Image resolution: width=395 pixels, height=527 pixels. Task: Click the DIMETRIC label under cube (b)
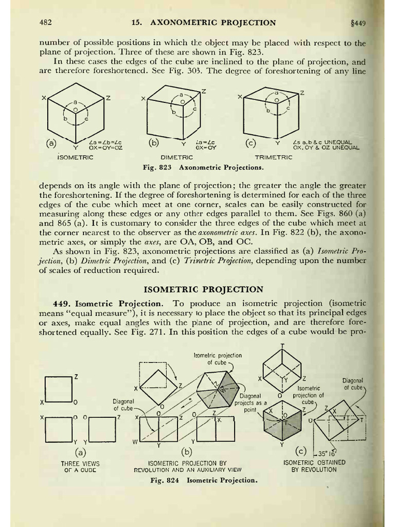click(176, 157)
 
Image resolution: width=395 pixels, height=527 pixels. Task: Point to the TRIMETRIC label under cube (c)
click(274, 157)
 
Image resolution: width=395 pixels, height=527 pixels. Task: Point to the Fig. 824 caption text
click(203, 480)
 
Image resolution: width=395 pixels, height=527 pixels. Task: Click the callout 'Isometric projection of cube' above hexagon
click(218, 359)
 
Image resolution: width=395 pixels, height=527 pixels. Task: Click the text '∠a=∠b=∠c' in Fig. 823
click(105, 142)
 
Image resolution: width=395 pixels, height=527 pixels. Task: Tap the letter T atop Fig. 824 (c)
click(282, 344)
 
